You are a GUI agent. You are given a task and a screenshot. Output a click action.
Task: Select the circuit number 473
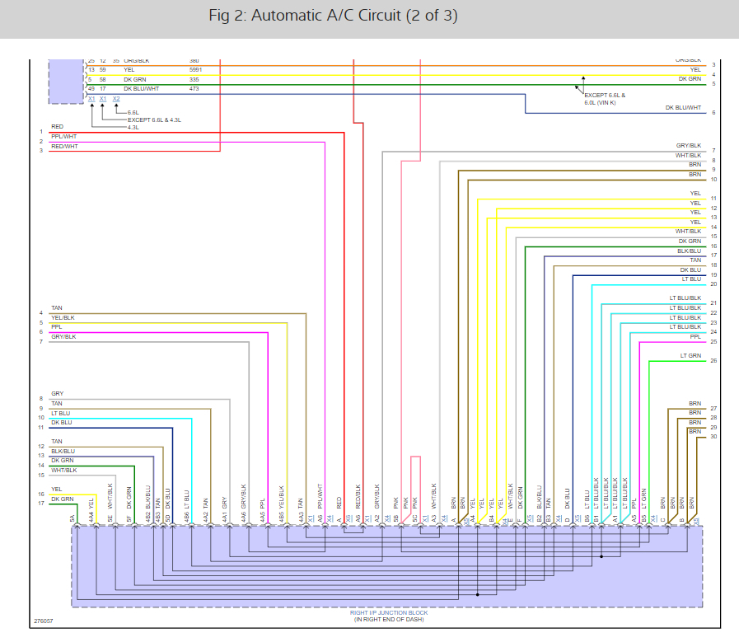coord(194,88)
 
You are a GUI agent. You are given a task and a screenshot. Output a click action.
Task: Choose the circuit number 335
coord(194,79)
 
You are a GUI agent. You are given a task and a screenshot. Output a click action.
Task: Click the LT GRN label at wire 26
coord(690,355)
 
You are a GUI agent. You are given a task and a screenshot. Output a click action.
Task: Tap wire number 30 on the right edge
coord(713,436)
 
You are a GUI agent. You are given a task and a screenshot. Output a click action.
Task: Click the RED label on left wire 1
coord(57,127)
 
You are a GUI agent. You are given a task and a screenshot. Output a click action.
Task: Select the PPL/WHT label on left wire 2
coord(63,136)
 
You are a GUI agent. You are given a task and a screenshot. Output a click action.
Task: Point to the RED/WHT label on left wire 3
coord(63,146)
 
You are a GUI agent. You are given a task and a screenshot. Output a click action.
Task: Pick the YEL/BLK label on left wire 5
coord(63,317)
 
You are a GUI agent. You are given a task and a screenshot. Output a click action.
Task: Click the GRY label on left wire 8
coord(57,394)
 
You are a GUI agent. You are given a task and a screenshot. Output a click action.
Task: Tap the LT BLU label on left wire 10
coord(60,413)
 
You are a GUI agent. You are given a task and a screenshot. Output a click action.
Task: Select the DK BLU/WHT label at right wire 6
coord(684,108)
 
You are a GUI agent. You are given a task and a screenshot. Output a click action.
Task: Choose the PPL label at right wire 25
coord(695,336)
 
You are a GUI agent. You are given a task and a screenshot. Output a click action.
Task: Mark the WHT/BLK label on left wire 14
coord(63,470)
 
